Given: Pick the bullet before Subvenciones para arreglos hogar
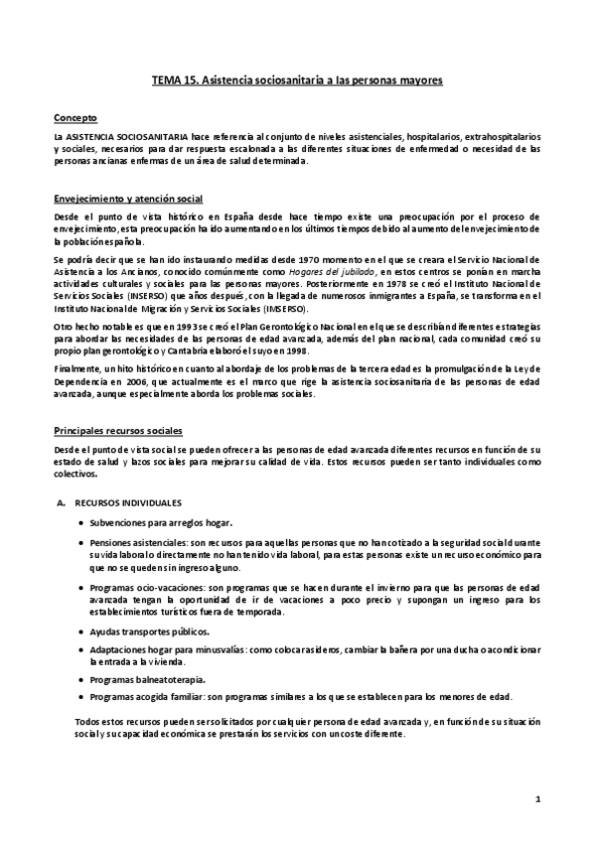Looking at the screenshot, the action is (x=79, y=522).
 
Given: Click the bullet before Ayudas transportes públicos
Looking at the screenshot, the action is (x=79, y=632).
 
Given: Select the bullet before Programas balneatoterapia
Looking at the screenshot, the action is (x=79, y=680).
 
